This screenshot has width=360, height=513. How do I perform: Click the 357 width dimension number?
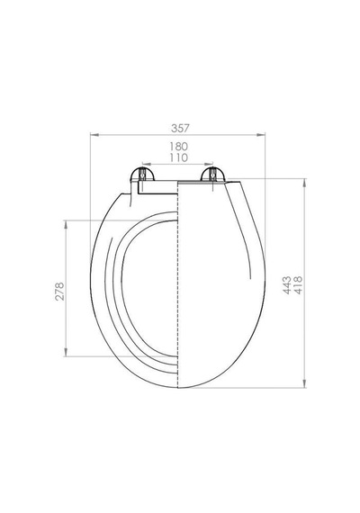180,128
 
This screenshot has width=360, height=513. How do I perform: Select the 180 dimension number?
178,146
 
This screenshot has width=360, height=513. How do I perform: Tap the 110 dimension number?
179,157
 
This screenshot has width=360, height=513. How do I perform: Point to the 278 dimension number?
59,291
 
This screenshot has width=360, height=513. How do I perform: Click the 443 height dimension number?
287,285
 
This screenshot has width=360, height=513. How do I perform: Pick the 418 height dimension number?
299,285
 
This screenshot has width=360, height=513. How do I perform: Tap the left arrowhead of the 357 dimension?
94,134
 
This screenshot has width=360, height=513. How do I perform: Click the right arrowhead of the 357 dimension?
261,134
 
